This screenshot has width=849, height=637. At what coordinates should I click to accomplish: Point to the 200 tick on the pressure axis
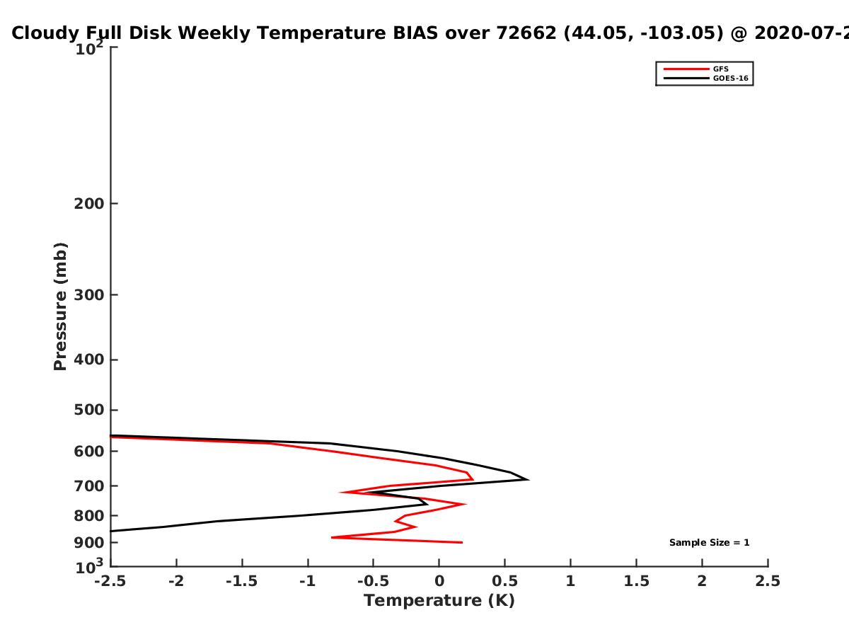(x=89, y=203)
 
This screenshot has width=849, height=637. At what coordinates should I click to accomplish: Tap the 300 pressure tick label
(x=89, y=294)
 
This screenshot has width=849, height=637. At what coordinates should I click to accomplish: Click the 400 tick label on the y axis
(x=89, y=360)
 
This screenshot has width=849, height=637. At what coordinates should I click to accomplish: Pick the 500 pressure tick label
(x=89, y=410)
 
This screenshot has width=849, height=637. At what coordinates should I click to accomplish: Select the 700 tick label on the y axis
(x=89, y=486)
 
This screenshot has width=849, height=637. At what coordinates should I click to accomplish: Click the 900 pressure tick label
(x=89, y=542)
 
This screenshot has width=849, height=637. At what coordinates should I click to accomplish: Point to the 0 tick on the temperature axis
(x=439, y=581)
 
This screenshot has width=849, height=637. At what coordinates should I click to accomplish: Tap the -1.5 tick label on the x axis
(x=242, y=581)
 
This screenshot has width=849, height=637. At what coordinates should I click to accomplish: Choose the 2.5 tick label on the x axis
(x=768, y=581)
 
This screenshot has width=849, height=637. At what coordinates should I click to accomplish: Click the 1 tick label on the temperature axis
(x=570, y=581)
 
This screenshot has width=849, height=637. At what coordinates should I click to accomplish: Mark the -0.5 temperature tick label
(x=374, y=581)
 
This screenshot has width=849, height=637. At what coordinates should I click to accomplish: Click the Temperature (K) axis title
(x=439, y=601)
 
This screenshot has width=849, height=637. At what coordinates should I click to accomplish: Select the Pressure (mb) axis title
(x=60, y=306)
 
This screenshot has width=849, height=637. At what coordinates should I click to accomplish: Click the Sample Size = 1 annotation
(x=710, y=542)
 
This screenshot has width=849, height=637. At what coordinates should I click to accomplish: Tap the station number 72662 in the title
(x=526, y=33)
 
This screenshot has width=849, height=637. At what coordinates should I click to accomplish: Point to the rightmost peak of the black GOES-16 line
(x=529, y=480)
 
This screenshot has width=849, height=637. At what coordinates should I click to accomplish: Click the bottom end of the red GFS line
(x=462, y=542)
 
